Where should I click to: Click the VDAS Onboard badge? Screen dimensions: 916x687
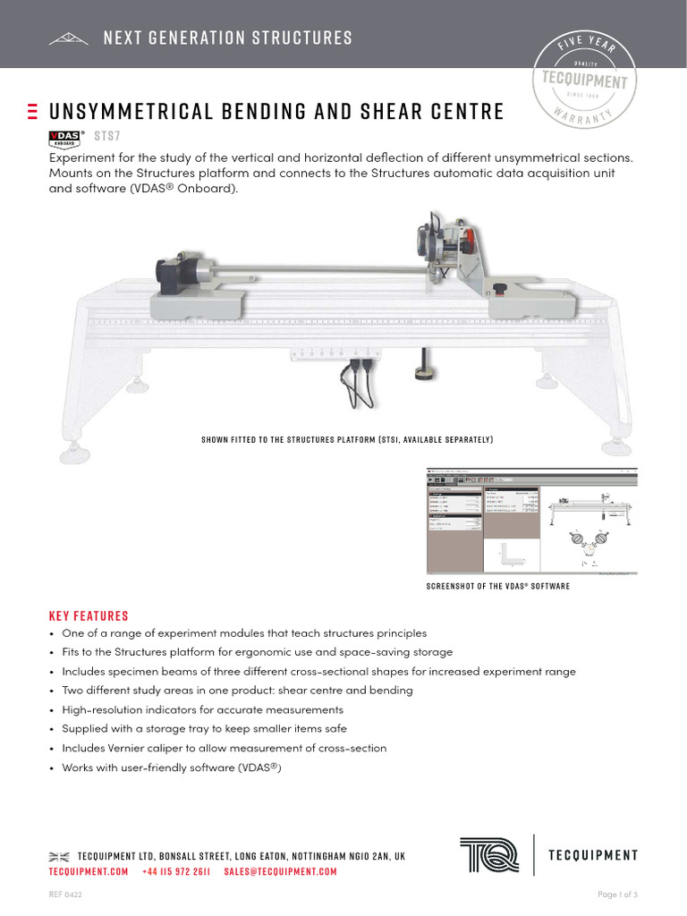coord(64,138)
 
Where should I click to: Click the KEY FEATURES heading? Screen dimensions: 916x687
coord(89,615)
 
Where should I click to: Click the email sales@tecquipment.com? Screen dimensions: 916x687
coord(280,871)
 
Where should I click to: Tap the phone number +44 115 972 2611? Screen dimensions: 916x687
coord(176,871)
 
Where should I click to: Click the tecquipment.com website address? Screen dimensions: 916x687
coord(89,871)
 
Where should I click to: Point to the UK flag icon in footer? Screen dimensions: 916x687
coord(59,856)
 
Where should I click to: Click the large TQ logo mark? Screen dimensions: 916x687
coord(490,854)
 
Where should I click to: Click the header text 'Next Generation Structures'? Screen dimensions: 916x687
coord(227,38)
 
